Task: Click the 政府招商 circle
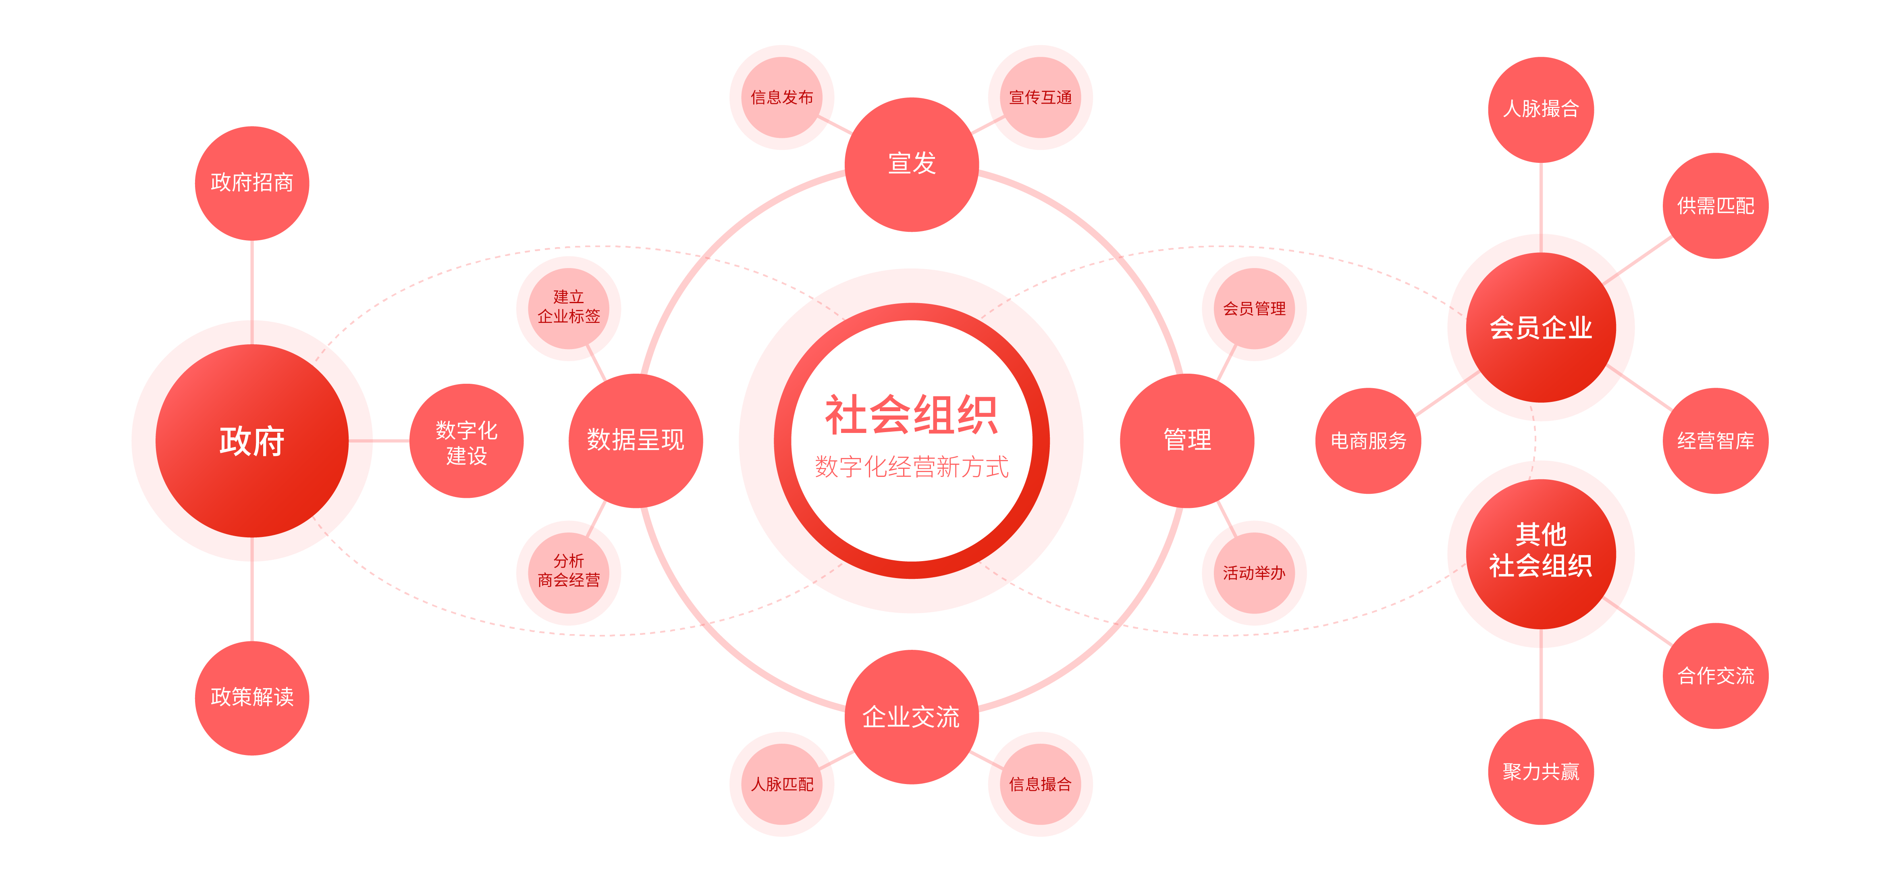pyautogui.click(x=251, y=183)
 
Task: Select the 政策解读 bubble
pyautogui.click(x=251, y=697)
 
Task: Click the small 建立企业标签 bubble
pyautogui.click(x=568, y=308)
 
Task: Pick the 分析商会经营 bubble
pyautogui.click(x=568, y=573)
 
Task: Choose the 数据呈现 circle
pyautogui.click(x=636, y=441)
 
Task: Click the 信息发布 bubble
pyautogui.click(x=781, y=98)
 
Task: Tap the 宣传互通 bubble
pyautogui.click(x=1040, y=98)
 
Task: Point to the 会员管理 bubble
pyautogui.click(x=1254, y=308)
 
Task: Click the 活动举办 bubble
pyautogui.click(x=1254, y=573)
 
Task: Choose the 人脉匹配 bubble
pyautogui.click(x=781, y=784)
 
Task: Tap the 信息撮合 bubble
pyautogui.click(x=1040, y=784)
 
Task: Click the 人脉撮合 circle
pyautogui.click(x=1541, y=109)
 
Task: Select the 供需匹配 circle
pyautogui.click(x=1715, y=206)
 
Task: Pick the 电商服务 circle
pyautogui.click(x=1368, y=441)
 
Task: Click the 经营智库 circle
pyautogui.click(x=1715, y=441)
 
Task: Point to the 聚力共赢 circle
pyautogui.click(x=1541, y=771)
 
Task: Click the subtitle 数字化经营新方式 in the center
pyautogui.click(x=911, y=466)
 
